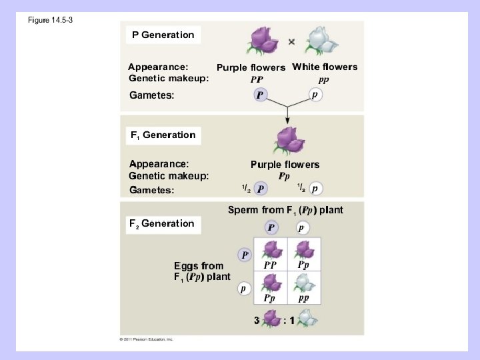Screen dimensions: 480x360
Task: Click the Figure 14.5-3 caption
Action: [50, 20]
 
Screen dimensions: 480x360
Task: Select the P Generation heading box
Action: [163, 35]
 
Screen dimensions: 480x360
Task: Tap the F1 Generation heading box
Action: [163, 135]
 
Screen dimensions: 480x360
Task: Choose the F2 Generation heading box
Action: [162, 223]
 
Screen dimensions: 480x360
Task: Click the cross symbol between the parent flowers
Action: [291, 42]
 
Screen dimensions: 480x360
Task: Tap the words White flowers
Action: [325, 67]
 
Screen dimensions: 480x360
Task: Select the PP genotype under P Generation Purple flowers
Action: [257, 79]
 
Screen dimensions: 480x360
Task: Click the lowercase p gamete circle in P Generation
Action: [316, 95]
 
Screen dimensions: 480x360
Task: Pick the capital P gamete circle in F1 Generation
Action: [261, 189]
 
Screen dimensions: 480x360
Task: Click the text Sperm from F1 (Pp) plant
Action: [285, 210]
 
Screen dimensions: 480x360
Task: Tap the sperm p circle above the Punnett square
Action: [301, 228]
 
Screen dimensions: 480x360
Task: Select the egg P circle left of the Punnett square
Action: [245, 255]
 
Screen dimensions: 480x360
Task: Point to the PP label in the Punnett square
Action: [270, 265]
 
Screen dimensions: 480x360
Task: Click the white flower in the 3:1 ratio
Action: [307, 321]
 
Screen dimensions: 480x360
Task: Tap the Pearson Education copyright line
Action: [146, 339]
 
